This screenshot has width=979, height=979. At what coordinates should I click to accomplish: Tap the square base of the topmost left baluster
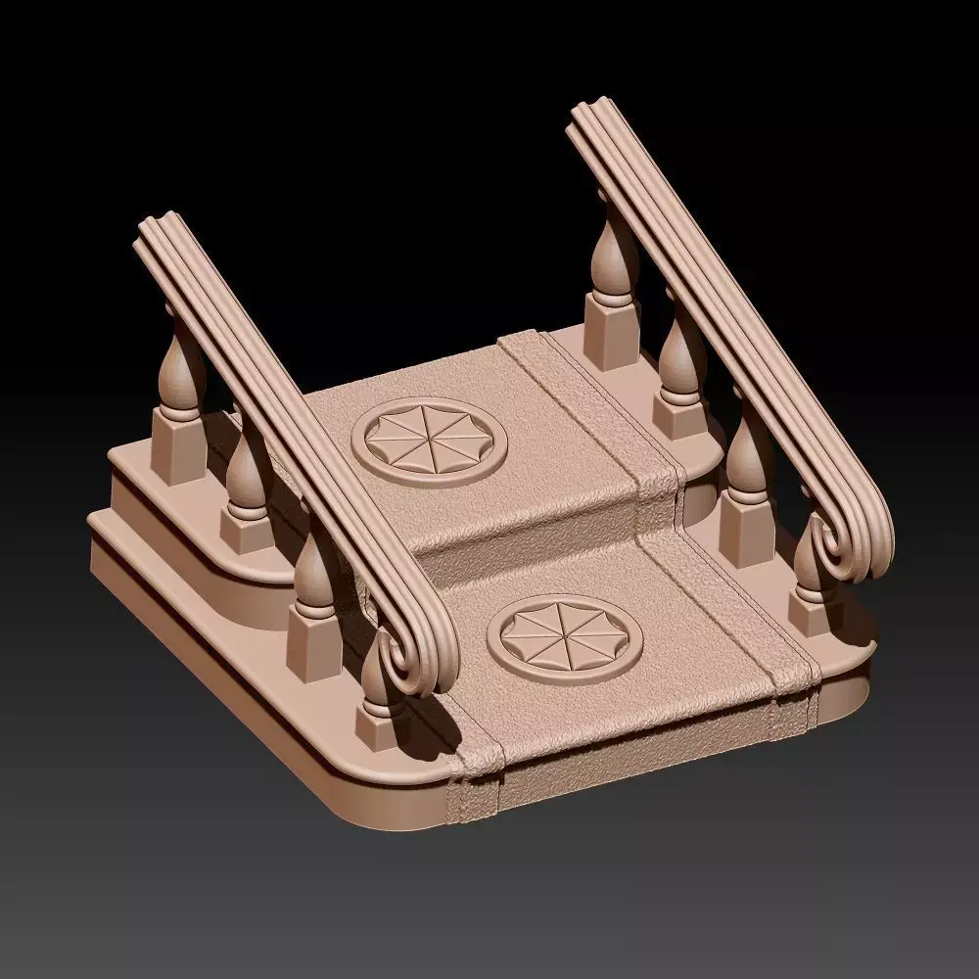(176, 447)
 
